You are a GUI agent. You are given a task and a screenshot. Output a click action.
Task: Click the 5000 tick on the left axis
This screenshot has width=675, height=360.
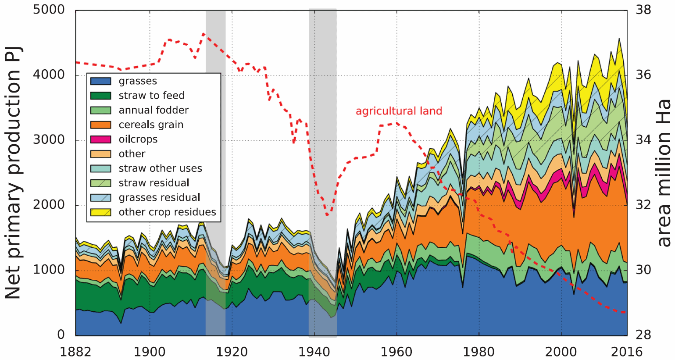click(49, 10)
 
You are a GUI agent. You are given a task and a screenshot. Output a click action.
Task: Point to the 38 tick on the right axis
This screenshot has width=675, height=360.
click(643, 10)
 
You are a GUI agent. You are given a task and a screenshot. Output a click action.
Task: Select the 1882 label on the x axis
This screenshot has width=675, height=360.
click(76, 351)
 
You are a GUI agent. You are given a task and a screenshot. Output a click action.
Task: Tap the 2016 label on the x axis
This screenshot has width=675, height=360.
click(627, 351)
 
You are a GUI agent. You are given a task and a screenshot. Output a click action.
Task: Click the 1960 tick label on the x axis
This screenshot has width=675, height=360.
click(396, 351)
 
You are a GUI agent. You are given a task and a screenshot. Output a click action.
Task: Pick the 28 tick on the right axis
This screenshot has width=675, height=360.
click(643, 335)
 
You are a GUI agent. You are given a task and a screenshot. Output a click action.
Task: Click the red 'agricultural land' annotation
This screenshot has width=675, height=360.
click(399, 111)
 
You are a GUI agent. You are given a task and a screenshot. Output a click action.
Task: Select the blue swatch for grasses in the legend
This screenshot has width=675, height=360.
click(100, 81)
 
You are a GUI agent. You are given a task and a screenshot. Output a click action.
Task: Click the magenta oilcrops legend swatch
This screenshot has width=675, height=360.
click(100, 139)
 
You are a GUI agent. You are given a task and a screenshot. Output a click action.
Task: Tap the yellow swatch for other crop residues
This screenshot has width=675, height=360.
click(100, 212)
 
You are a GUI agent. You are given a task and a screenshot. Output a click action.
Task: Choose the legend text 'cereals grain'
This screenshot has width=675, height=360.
click(151, 125)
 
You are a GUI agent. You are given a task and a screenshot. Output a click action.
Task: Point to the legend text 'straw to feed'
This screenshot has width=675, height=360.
click(151, 96)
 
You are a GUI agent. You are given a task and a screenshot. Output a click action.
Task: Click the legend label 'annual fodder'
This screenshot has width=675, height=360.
click(154, 110)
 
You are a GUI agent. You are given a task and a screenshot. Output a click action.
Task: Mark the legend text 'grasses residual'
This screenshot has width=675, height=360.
click(159, 197)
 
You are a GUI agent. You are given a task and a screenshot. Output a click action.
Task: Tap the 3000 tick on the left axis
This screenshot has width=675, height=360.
click(49, 140)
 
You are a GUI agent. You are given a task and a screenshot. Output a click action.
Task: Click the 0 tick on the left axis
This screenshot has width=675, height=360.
click(61, 335)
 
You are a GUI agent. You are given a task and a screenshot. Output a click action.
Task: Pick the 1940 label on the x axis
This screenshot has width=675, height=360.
click(314, 351)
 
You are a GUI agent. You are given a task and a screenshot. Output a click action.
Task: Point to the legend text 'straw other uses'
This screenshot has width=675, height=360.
click(160, 168)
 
